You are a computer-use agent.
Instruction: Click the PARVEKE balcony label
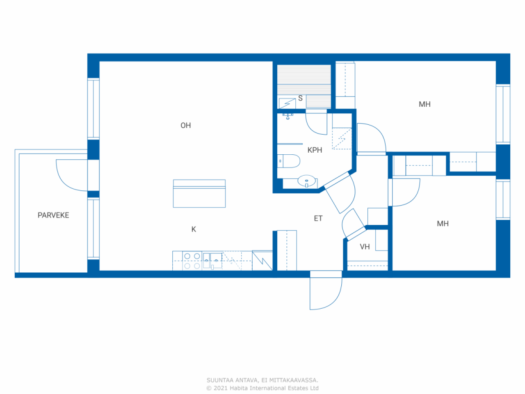click(x=53, y=215)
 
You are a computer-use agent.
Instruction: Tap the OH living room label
click(x=186, y=125)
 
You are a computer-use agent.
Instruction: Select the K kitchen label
click(x=194, y=229)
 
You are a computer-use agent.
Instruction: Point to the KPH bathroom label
click(x=315, y=150)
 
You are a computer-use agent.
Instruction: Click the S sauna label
click(x=300, y=98)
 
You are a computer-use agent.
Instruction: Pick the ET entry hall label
click(x=318, y=218)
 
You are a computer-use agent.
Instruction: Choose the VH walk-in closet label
click(x=365, y=247)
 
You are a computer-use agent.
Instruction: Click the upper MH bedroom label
click(x=425, y=104)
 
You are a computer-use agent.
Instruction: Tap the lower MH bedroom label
click(x=443, y=223)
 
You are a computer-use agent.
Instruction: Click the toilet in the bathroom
click(x=289, y=161)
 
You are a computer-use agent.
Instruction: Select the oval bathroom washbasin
click(x=306, y=181)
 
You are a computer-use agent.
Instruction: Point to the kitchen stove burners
click(x=192, y=261)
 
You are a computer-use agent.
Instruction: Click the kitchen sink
click(x=212, y=261)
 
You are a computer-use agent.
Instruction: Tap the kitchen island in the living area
click(x=199, y=194)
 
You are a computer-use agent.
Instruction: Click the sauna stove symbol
click(x=287, y=103)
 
